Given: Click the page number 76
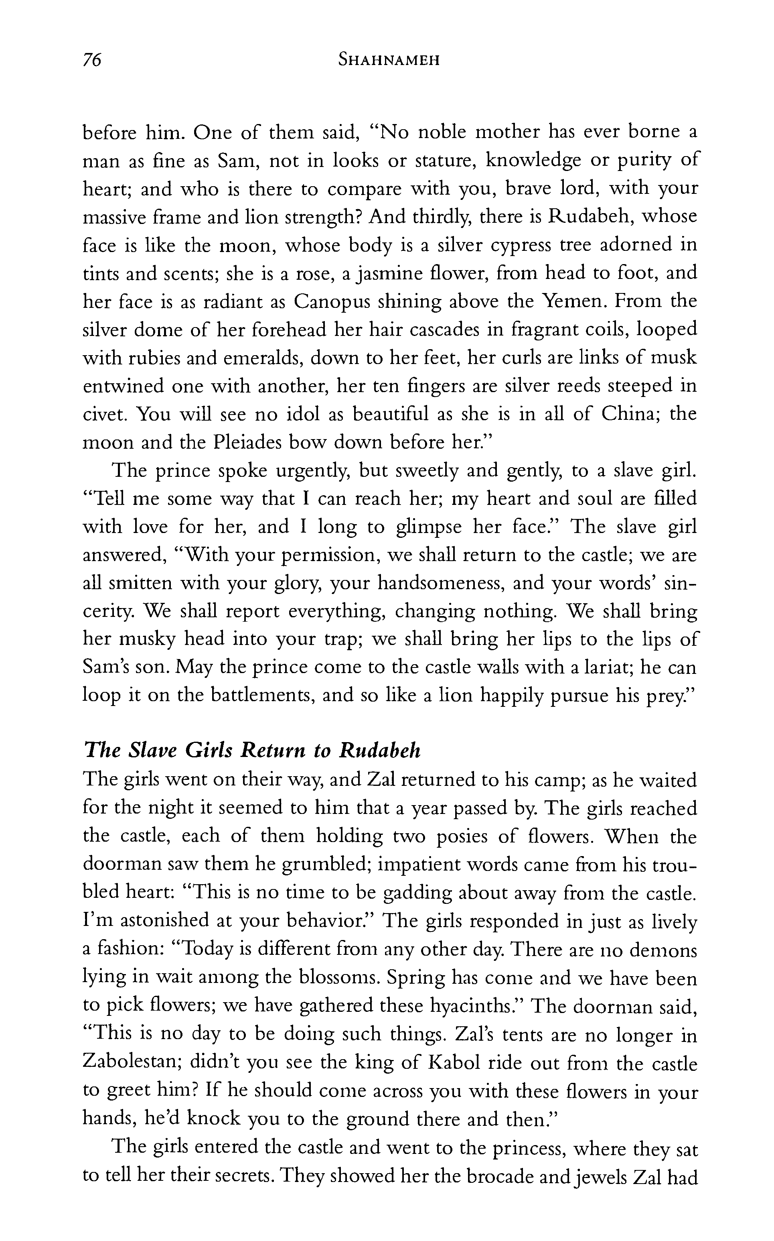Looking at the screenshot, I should click(x=92, y=61).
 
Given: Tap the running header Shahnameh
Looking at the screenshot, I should click(x=389, y=61).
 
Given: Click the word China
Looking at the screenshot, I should click(x=629, y=413).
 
